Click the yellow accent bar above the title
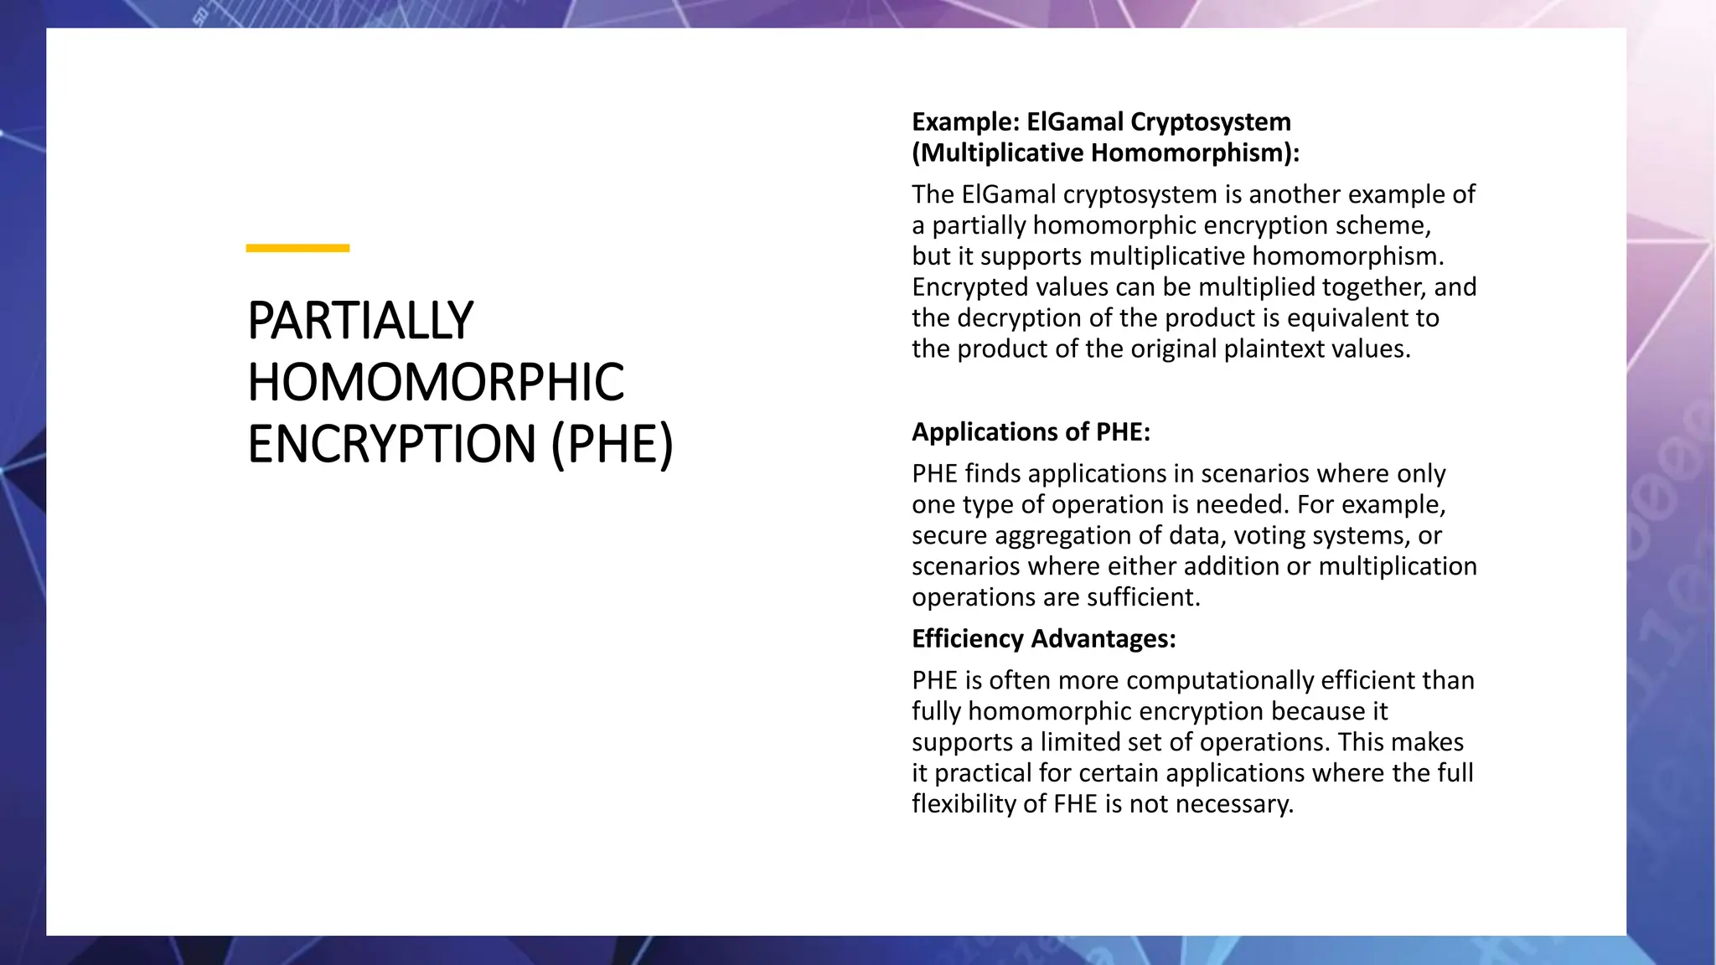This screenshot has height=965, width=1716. [297, 248]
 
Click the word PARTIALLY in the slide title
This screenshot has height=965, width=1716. [360, 321]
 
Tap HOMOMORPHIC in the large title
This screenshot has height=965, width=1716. [436, 383]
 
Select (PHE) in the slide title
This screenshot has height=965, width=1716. [612, 444]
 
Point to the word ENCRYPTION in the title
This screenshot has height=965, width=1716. [391, 444]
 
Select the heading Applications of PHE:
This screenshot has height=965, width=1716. [1031, 432]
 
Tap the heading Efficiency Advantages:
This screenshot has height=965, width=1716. [1043, 639]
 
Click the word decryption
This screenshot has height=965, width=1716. [1019, 318]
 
